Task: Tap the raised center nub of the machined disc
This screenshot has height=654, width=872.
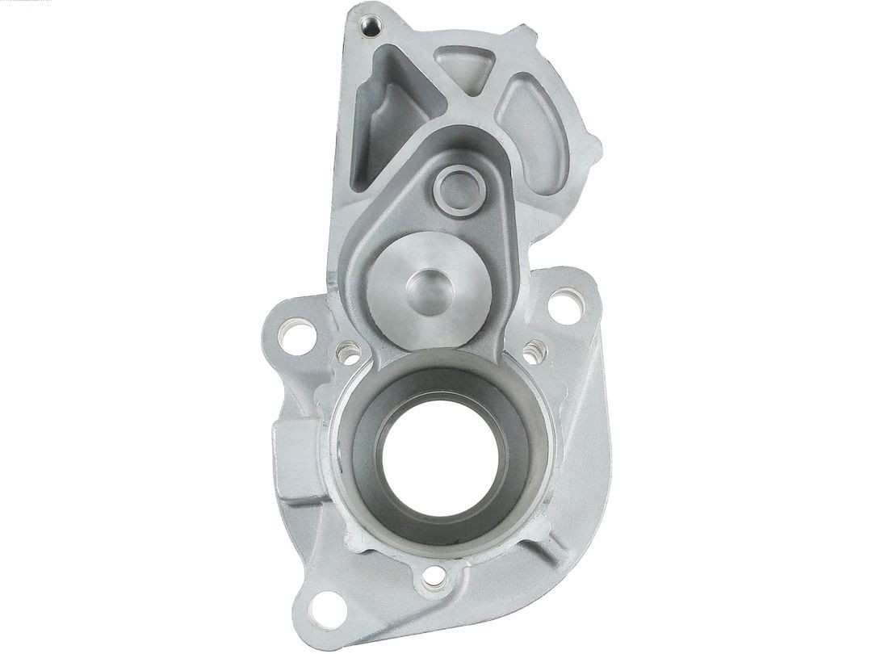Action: click(x=430, y=287)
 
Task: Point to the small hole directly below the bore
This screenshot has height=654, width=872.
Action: click(x=434, y=576)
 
